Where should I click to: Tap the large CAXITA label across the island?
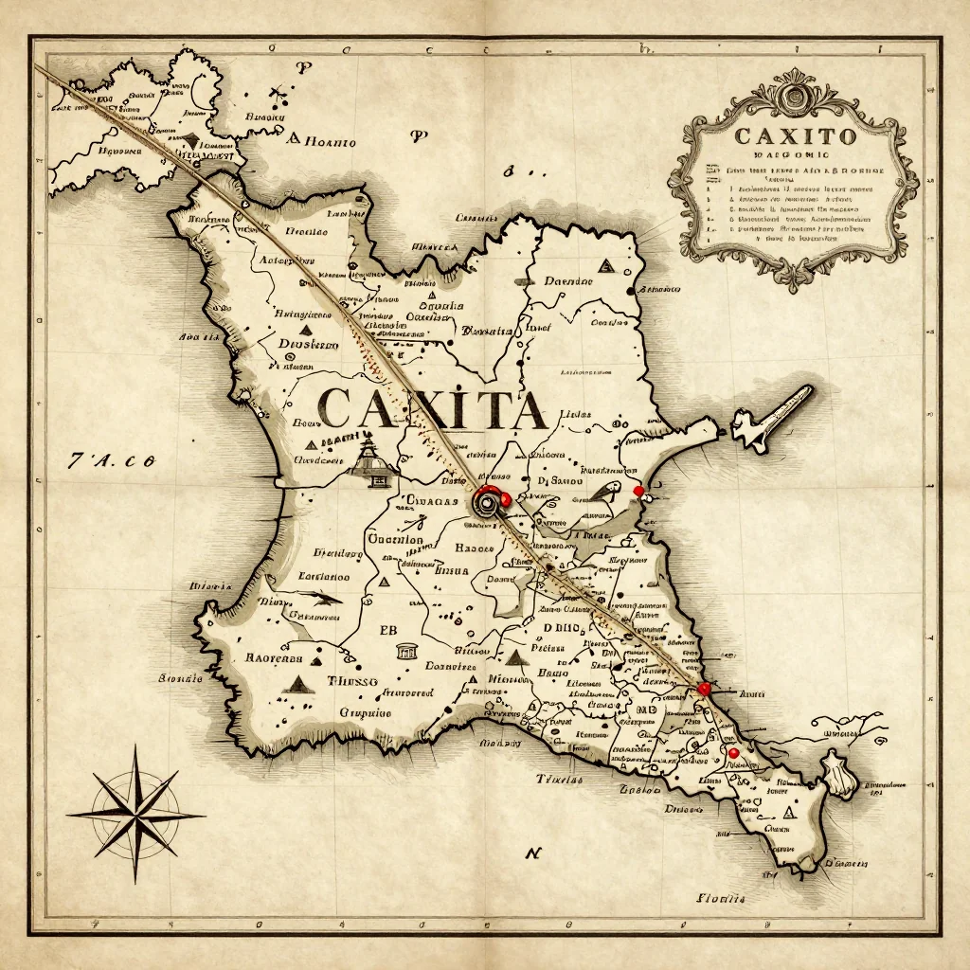pos(432,408)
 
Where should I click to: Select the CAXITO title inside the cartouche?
pos(795,135)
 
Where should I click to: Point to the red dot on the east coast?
pos(638,490)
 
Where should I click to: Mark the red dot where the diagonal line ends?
pos(703,689)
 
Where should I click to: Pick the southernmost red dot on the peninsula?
pos(732,753)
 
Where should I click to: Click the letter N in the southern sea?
pos(533,853)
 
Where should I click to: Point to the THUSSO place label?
pos(352,680)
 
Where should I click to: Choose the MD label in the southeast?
pos(647,710)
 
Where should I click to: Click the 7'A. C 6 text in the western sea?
pos(112,461)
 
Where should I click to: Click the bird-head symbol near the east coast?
pos(607,491)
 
